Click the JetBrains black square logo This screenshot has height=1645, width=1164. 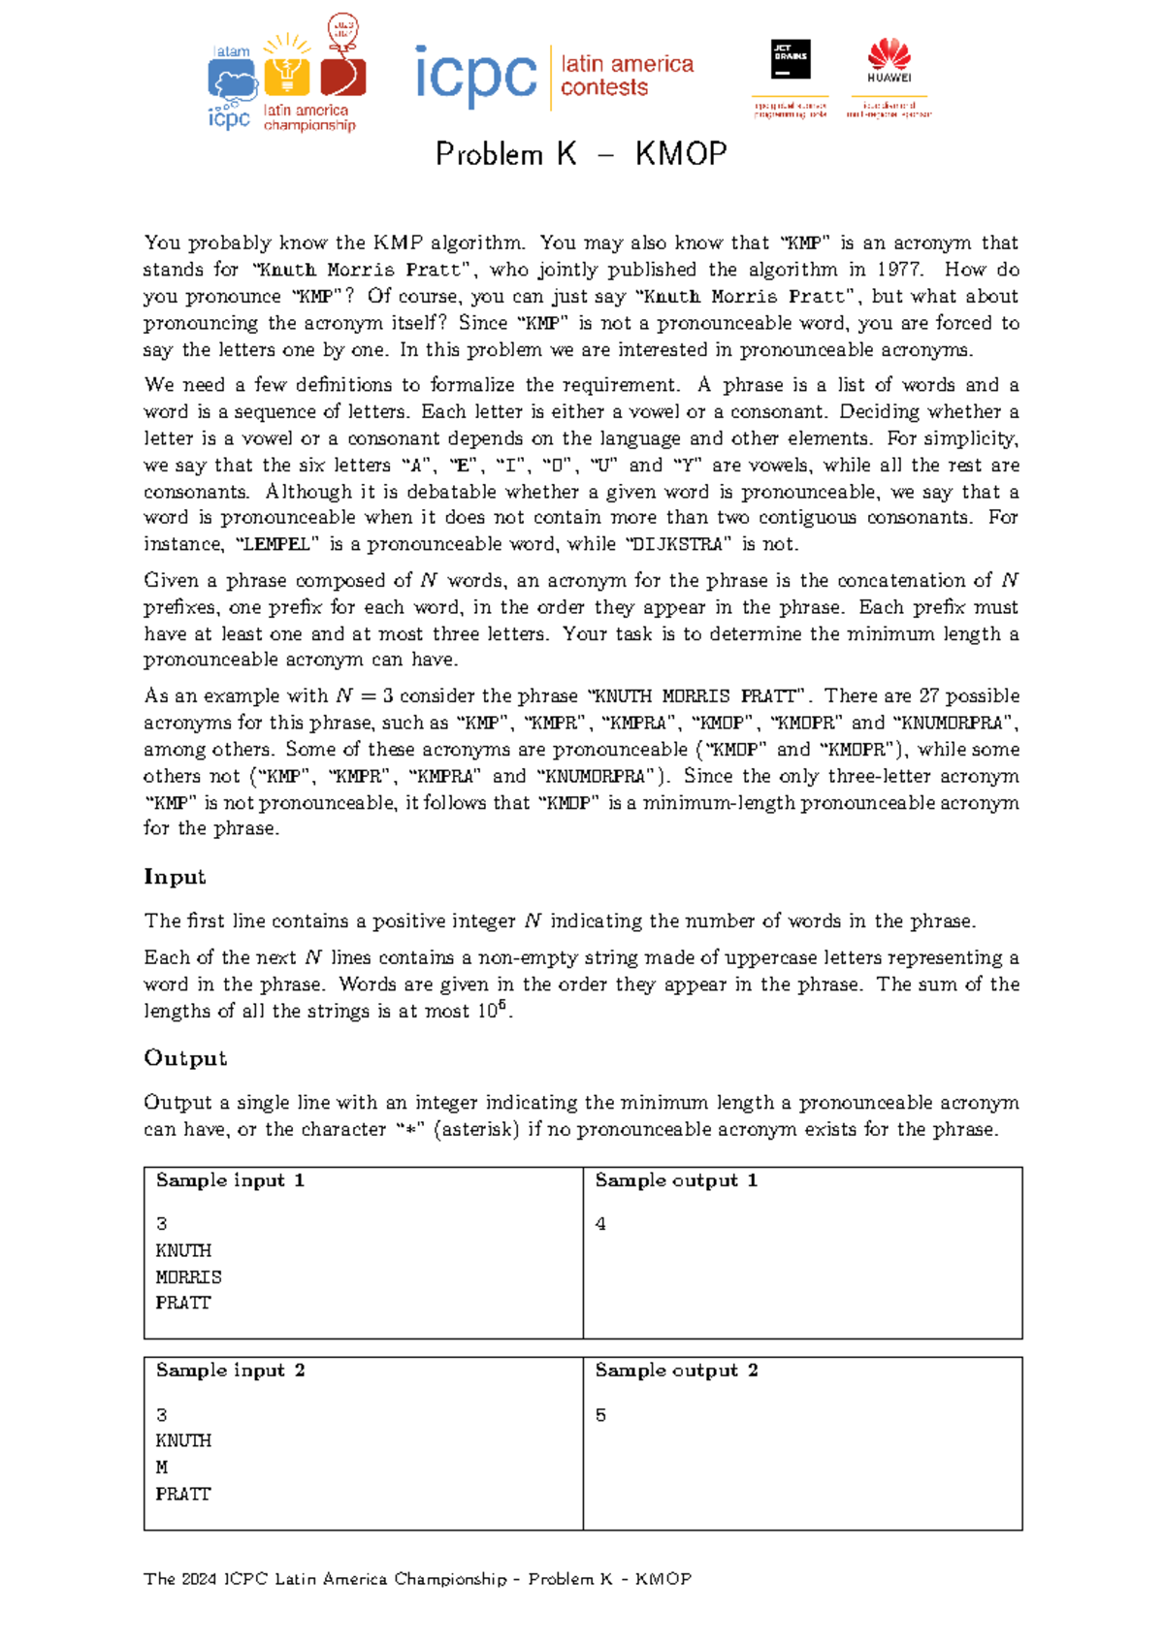coord(791,60)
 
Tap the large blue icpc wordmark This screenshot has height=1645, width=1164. coord(475,76)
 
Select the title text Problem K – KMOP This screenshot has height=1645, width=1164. coord(581,154)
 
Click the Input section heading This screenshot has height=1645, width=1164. coord(175,877)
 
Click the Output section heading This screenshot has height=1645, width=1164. coord(185,1058)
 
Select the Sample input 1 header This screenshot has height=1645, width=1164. coord(230,1180)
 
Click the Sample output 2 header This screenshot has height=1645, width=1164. coord(676,1371)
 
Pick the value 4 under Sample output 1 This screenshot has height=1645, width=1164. coord(600,1224)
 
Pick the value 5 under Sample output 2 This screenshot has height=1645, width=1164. coord(600,1415)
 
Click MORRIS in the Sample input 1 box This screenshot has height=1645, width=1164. coord(188,1277)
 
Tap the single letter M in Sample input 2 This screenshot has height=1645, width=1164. coord(162,1468)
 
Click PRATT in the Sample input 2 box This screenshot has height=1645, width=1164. coord(182,1495)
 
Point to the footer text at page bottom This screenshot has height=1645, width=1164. coord(417,1579)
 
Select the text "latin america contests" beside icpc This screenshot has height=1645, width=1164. coord(627,76)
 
